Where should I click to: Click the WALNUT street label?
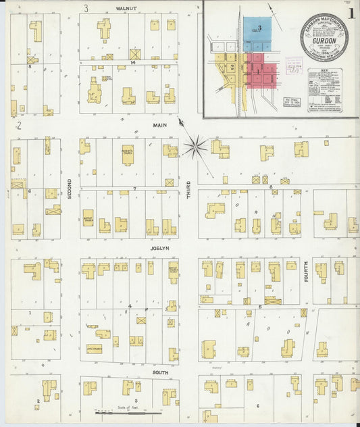click(126, 8)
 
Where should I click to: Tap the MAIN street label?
click(159, 125)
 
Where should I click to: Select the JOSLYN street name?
click(159, 248)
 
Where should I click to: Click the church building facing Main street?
click(127, 153)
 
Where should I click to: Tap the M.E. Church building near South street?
click(94, 347)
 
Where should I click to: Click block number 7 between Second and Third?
click(135, 188)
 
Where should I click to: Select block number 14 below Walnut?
click(134, 62)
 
